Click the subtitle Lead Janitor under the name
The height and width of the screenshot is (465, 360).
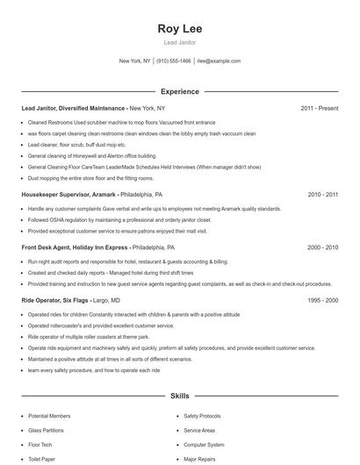click(179, 42)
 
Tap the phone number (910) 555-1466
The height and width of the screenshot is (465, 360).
click(175, 61)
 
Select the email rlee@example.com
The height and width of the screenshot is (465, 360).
click(219, 61)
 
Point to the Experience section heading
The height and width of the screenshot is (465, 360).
click(179, 91)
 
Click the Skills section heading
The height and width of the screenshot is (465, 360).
click(179, 397)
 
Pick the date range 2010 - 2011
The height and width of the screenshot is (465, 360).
click(322, 194)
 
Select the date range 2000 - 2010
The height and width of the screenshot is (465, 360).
click(322, 248)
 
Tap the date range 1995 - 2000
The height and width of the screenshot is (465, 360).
click(322, 300)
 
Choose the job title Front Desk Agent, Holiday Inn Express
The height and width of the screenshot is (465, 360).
click(83, 248)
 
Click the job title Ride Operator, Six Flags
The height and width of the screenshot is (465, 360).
click(63, 300)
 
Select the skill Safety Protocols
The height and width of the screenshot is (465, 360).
click(202, 416)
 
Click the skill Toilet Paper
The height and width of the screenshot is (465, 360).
click(42, 459)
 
